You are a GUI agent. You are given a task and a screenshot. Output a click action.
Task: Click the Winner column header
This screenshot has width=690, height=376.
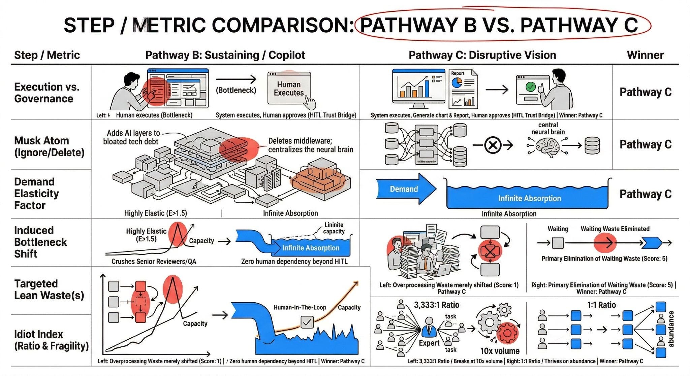coord(645,55)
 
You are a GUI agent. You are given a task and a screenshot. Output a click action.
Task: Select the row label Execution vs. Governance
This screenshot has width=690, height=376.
coord(46,93)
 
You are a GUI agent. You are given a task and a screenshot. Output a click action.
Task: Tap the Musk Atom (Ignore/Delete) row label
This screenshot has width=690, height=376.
coord(49,146)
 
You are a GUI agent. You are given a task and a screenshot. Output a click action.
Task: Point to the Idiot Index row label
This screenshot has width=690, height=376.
coord(51,340)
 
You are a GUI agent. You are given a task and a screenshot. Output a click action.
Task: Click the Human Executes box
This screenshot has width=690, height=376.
coord(289,89)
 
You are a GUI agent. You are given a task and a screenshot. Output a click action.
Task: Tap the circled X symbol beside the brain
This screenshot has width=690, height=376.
coord(493,145)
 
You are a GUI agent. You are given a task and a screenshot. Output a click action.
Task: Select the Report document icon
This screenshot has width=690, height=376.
coord(463,88)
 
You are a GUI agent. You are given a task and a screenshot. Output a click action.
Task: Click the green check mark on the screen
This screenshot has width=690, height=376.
coord(530,87)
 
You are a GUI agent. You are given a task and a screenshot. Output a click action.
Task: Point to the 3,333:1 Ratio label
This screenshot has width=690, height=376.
coord(436,305)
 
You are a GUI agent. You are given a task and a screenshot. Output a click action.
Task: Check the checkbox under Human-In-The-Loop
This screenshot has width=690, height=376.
coord(307,322)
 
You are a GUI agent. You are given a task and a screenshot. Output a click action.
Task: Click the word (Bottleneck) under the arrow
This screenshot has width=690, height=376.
coord(236,90)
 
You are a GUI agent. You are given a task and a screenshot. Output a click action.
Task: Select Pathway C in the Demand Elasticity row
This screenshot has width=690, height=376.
coord(645,194)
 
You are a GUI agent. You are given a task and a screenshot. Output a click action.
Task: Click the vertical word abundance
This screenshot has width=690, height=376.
coord(671,329)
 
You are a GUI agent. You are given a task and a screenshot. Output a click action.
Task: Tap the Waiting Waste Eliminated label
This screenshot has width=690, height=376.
coord(615,229)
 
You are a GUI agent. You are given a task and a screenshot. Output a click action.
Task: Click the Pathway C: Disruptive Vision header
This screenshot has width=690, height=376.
coord(482,55)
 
